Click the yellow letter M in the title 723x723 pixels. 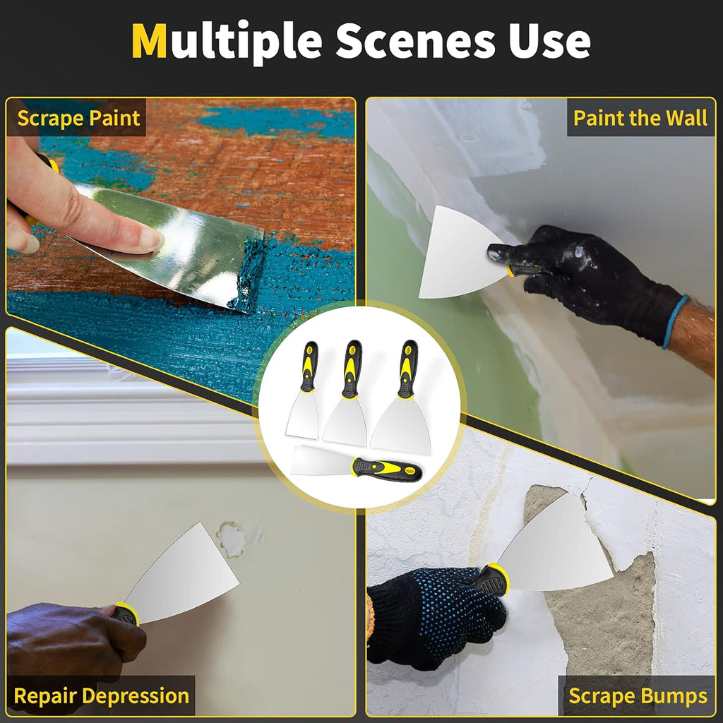149,42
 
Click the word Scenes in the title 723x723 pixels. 415,42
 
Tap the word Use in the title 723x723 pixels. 550,42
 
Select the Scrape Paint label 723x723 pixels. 78,118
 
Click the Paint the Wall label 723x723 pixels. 640,118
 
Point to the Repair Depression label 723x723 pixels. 101,695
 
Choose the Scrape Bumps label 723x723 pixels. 638,695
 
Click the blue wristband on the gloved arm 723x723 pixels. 674,322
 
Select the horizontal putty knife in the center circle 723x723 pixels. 357,466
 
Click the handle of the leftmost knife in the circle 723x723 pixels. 309,366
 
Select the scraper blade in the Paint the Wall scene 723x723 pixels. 455,254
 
